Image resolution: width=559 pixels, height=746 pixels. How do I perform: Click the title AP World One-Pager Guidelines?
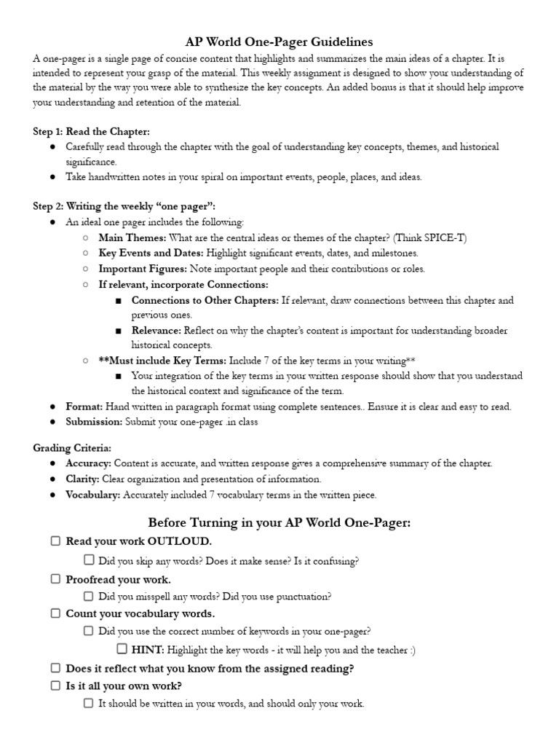click(279, 42)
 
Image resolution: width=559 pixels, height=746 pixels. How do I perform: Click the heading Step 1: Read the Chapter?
click(92, 131)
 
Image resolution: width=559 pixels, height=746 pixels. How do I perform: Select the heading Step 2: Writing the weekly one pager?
click(124, 207)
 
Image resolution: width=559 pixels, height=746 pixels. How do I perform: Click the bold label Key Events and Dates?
click(151, 253)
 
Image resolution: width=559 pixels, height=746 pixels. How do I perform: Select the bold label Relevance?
click(156, 331)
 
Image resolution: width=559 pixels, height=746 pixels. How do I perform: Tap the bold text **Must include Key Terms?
click(162, 361)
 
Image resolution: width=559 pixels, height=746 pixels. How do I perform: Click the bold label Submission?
click(94, 422)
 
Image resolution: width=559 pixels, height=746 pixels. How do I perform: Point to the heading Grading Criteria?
click(72, 447)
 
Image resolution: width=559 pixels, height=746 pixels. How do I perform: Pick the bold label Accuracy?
click(88, 463)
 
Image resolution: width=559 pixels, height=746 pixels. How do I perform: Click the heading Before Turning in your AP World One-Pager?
click(279, 522)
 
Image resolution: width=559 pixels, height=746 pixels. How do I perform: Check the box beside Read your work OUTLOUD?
click(55, 541)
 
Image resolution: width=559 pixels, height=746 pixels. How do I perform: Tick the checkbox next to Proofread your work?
click(55, 579)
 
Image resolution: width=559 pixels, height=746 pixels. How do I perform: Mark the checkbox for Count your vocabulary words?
click(55, 613)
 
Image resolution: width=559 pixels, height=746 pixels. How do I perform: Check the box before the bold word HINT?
click(122, 649)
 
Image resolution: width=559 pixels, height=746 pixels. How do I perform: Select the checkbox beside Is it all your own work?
click(55, 686)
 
